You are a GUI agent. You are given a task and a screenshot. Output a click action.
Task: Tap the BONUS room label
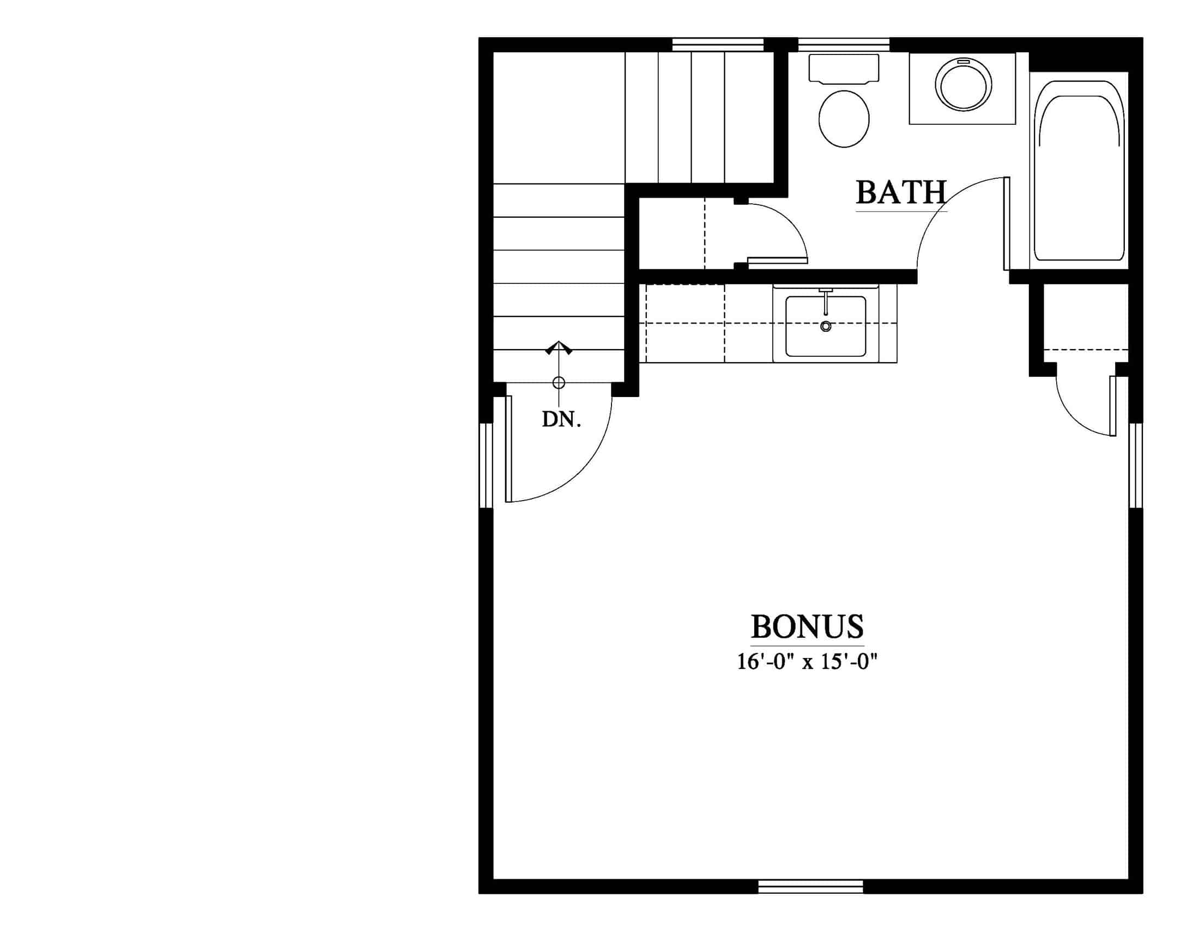pos(807,626)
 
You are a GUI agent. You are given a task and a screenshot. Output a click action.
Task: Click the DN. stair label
pos(561,419)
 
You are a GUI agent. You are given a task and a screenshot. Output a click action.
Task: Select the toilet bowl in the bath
pos(844,119)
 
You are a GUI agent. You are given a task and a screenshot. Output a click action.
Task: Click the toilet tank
pos(844,69)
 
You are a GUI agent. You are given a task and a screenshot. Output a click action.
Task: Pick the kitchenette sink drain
pos(825,326)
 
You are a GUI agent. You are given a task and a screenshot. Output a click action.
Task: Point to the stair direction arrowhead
pos(559,348)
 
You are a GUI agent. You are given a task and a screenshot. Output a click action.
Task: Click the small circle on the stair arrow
pos(559,383)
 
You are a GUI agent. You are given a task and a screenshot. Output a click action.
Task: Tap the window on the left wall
pos(486,466)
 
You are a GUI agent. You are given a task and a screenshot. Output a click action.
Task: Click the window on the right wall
pos(1135,466)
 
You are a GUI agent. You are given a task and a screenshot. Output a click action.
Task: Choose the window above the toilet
pos(843,45)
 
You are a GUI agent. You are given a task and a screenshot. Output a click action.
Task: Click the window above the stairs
pos(718,45)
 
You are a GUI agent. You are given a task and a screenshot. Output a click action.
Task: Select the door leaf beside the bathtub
pos(1007,223)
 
